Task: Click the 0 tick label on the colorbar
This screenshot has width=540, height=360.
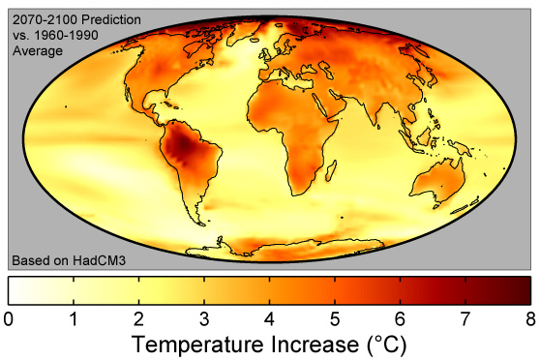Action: click(10, 316)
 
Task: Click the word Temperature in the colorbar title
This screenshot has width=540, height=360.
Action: click(189, 344)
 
